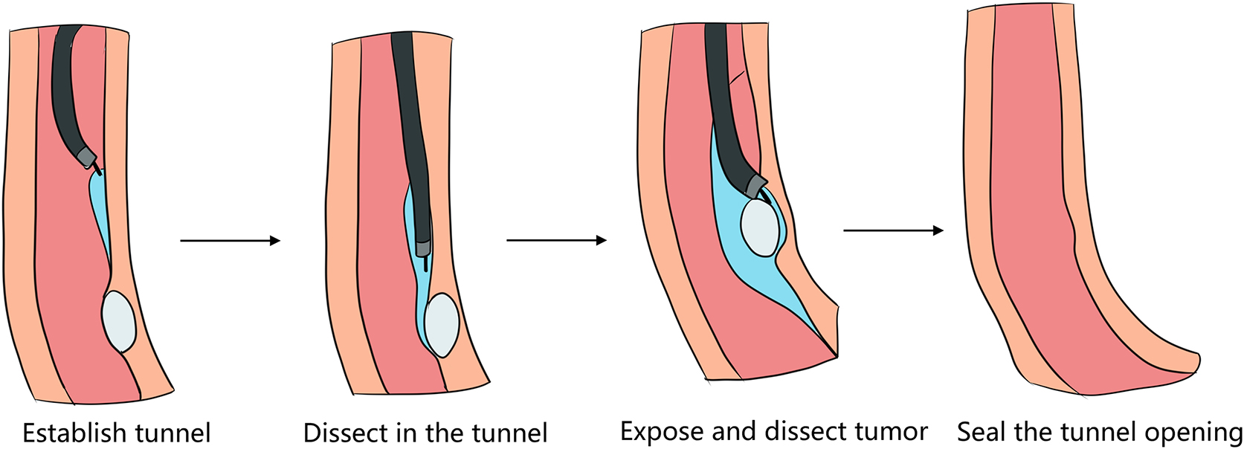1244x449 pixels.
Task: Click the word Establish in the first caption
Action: click(68, 433)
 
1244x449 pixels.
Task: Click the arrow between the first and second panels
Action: click(230, 240)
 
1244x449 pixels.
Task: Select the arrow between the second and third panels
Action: click(556, 240)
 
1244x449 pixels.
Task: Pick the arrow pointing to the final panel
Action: click(893, 230)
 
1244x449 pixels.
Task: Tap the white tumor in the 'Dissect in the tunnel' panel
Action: click(442, 326)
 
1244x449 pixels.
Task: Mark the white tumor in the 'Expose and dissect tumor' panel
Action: click(760, 228)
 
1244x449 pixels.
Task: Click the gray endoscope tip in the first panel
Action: click(87, 157)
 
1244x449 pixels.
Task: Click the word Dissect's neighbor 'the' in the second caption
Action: click(445, 433)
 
